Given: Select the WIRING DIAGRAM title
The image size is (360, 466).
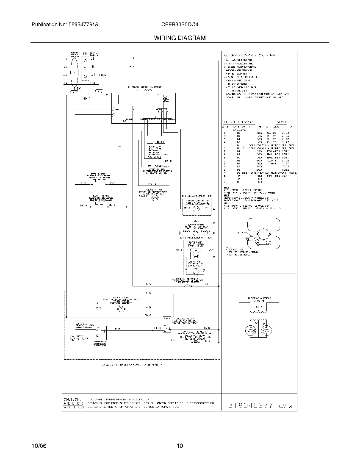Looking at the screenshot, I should [180, 38].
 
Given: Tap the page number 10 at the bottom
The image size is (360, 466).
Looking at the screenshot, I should [180, 446].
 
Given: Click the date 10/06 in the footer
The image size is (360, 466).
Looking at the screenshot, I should [38, 446].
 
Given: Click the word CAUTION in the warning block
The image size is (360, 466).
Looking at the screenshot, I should [72, 399].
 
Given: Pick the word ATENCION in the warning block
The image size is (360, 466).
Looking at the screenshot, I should [72, 403].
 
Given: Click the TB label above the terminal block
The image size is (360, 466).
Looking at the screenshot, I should [85, 54].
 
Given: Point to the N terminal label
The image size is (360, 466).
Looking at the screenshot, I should [93, 67].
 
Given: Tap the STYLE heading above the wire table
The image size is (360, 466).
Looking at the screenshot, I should [282, 122].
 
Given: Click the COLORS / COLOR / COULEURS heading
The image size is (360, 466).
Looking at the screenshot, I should [249, 55].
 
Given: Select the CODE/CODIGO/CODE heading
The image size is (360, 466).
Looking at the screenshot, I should [239, 122].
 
